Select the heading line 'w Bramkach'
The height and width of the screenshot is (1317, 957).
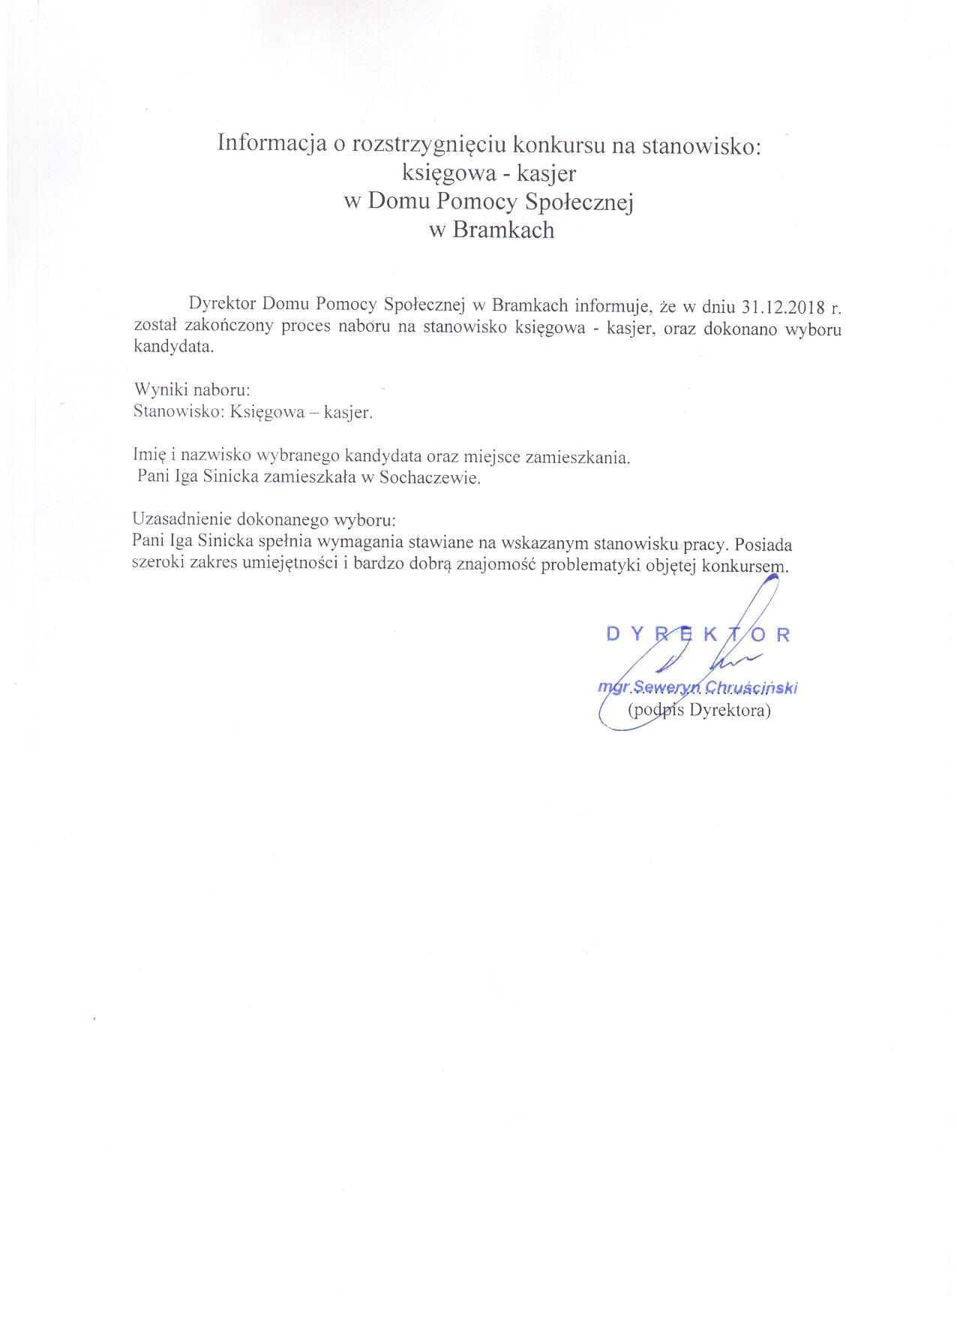click(x=491, y=230)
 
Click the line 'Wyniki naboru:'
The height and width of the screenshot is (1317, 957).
click(x=191, y=390)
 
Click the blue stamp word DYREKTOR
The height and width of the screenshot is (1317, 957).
click(x=697, y=634)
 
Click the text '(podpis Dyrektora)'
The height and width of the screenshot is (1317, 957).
click(x=698, y=710)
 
